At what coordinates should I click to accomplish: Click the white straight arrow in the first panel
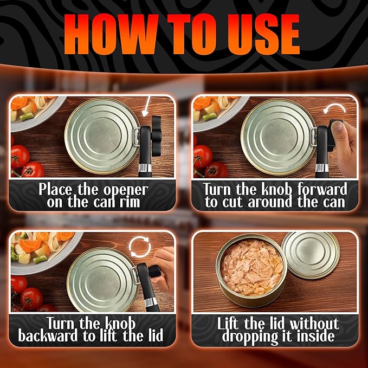point(146,106)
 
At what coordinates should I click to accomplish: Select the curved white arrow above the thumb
point(334,108)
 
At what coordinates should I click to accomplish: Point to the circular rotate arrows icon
point(140,247)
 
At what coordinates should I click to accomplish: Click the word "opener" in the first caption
point(126,190)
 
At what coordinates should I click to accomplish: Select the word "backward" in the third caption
point(48,335)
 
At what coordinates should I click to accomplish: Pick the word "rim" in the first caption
point(130,202)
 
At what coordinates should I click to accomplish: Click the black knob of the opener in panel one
point(156,136)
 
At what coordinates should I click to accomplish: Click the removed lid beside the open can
point(311,255)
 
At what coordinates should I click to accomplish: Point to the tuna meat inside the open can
point(251,267)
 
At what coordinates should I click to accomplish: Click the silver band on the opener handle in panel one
point(145,168)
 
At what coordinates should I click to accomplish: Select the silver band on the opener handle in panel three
point(151,301)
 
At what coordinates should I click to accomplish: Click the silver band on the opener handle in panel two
point(322,168)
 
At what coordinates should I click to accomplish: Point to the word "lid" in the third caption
point(156,335)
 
